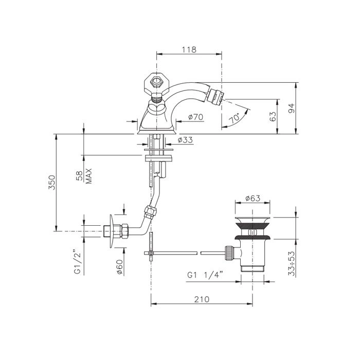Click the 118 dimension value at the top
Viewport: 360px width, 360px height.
pyautogui.click(x=189, y=49)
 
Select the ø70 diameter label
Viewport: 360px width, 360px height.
pyautogui.click(x=195, y=117)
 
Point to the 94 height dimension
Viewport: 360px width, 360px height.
pyautogui.click(x=291, y=109)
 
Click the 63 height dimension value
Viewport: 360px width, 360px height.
pyautogui.click(x=272, y=117)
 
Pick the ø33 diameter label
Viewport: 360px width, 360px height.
pyautogui.click(x=186, y=139)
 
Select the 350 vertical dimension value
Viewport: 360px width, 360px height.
pyautogui.click(x=52, y=183)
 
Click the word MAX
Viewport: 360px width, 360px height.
pyautogui.click(x=88, y=176)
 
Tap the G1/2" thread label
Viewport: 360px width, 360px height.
pyautogui.click(x=78, y=260)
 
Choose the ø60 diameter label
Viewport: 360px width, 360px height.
pyautogui.click(x=120, y=267)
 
